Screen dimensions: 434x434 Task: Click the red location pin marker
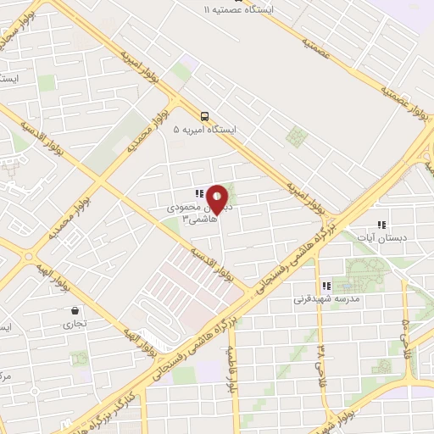point(217,198)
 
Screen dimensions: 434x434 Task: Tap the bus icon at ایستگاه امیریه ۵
point(204,116)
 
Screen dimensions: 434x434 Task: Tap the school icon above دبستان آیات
point(381,225)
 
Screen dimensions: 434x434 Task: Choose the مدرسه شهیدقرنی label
point(326,299)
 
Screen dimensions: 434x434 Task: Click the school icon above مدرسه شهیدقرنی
point(325,286)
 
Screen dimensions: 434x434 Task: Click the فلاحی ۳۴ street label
point(320,360)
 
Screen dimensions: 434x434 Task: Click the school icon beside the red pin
point(198,194)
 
